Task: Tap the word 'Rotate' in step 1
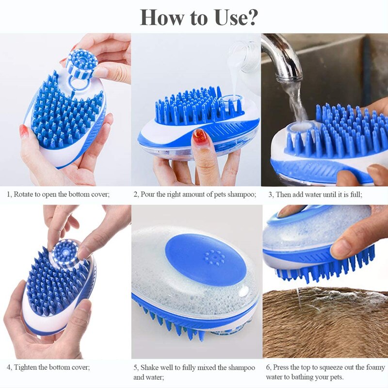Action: (25, 194)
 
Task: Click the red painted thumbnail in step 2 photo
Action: (199, 135)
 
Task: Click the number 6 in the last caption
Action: (268, 367)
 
